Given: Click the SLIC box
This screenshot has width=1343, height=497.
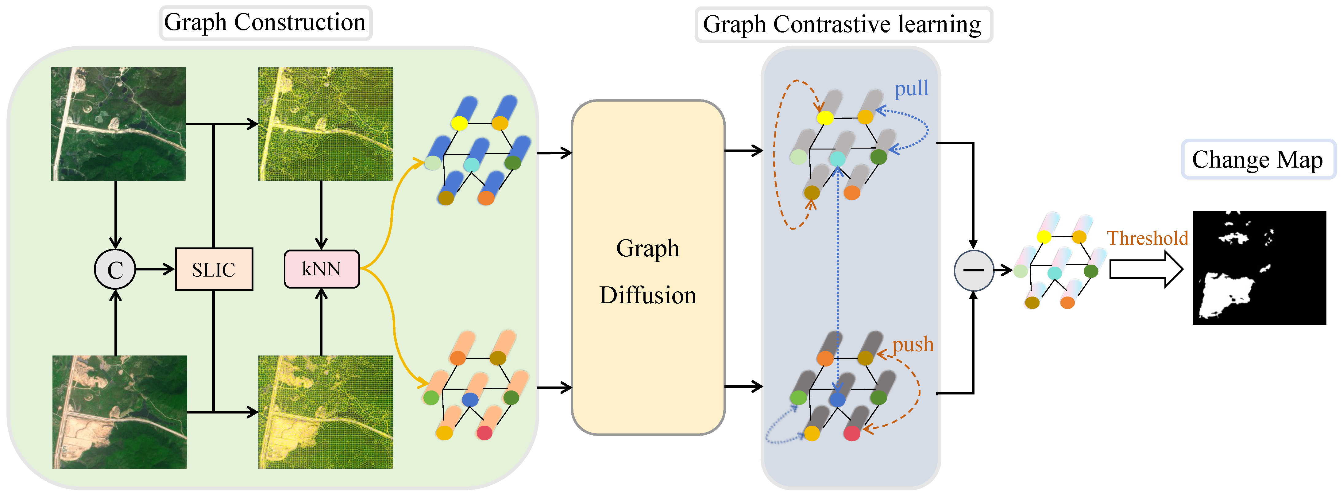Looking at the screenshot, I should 214,269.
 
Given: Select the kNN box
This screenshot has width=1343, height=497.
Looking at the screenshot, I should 322,269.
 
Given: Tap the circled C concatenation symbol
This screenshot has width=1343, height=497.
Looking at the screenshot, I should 115,269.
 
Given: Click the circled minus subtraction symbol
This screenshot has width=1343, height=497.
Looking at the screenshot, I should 973,270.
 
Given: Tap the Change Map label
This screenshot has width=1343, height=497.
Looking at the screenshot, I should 1257,160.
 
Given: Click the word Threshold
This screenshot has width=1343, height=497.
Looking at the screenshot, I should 1148,238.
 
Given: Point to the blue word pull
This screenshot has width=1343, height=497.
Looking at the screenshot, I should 911,89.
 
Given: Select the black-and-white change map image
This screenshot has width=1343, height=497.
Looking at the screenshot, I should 1259,268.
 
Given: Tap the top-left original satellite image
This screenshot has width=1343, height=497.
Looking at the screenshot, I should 118,124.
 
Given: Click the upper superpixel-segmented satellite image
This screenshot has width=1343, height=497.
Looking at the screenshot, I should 325,124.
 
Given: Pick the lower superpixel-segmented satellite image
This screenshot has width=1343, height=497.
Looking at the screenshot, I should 325,412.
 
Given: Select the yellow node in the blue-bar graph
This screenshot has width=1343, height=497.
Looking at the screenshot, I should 459,123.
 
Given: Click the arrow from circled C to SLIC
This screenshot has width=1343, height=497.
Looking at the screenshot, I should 155,269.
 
